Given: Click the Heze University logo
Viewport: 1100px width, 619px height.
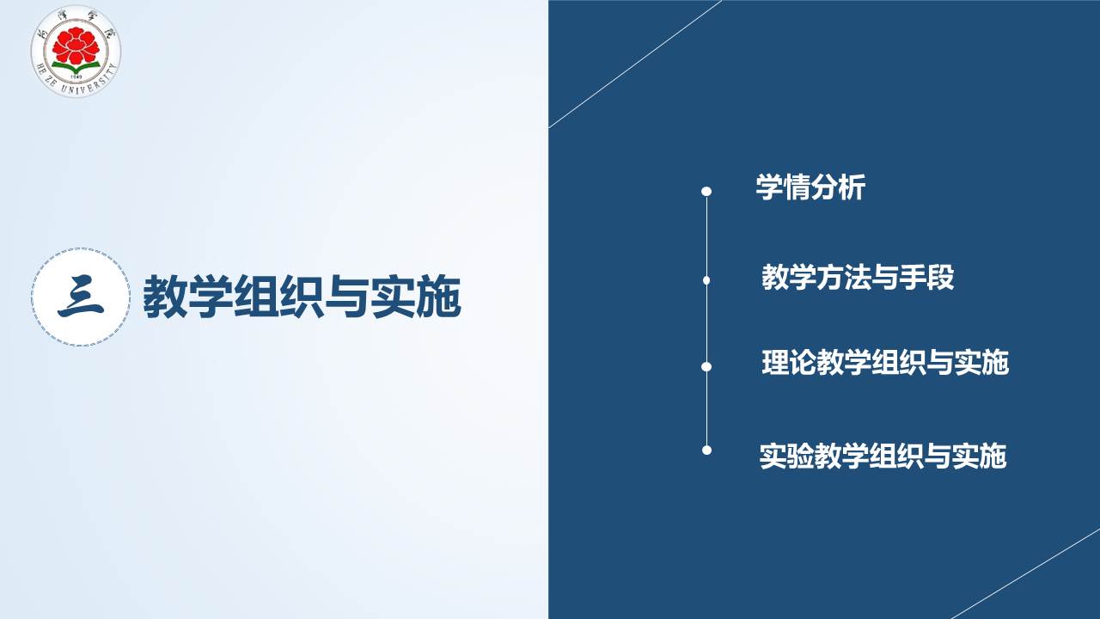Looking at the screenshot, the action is click(x=76, y=51).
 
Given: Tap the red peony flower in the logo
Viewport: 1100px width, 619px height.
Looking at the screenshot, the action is click(x=76, y=46).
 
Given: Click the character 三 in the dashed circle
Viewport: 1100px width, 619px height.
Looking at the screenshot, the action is click(x=81, y=297).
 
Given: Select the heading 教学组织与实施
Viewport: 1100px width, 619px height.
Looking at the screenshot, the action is click(x=302, y=297).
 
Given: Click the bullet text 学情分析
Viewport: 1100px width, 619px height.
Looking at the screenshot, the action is click(x=810, y=187).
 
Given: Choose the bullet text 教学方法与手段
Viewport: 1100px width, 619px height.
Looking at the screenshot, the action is click(x=858, y=277).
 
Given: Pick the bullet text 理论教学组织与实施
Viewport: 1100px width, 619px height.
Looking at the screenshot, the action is click(x=885, y=363).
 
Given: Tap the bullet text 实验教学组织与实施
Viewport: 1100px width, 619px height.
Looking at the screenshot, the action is click(x=883, y=456).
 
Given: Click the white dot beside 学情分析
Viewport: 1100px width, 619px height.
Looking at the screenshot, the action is click(x=706, y=191).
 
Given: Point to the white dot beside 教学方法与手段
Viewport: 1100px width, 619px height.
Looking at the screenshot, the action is click(x=706, y=280).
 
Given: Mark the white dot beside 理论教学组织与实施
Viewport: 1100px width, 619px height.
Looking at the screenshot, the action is click(x=706, y=366).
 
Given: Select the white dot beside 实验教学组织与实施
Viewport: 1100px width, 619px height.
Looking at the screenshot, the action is click(x=706, y=450).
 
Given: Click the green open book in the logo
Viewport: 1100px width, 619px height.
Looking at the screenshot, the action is click(x=76, y=68).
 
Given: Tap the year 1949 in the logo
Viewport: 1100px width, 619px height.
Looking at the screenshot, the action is click(x=76, y=77).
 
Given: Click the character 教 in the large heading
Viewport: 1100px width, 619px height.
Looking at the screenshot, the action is click(x=166, y=297).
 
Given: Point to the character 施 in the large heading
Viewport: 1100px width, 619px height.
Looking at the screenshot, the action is click(x=439, y=297).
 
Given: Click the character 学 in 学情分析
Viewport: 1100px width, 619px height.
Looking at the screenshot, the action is click(x=769, y=187).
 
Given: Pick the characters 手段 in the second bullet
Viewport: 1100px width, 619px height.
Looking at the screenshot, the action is click(x=927, y=277).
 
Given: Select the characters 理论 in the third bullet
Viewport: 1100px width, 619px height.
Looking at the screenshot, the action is click(x=789, y=363).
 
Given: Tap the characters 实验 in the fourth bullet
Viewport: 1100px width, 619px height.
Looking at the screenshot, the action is click(x=787, y=456).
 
